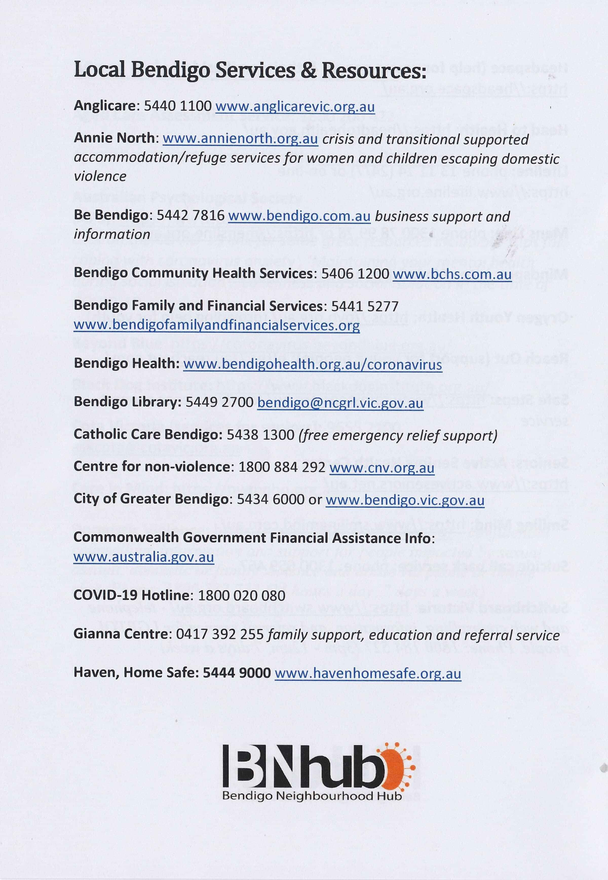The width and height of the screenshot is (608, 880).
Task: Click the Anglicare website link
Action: pyautogui.click(x=295, y=107)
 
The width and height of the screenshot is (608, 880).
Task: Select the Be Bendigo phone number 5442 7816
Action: pyautogui.click(x=191, y=216)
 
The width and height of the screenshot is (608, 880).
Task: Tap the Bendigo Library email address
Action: pyautogui.click(x=340, y=403)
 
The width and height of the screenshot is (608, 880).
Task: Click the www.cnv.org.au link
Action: pyautogui.click(x=382, y=467)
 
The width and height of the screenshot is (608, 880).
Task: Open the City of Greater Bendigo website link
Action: pyautogui.click(x=405, y=500)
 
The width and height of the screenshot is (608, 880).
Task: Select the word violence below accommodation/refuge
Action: pyautogui.click(x=100, y=176)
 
